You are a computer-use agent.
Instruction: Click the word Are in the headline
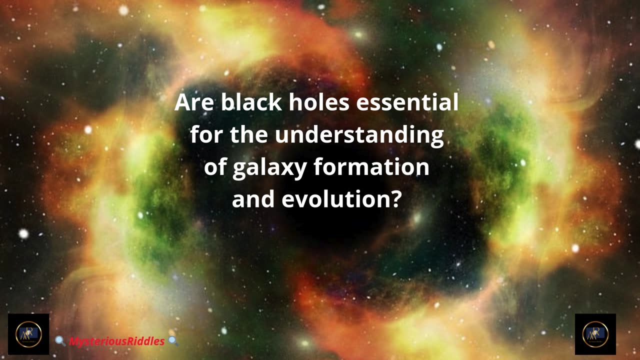tap(194, 102)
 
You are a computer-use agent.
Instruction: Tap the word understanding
tap(359, 135)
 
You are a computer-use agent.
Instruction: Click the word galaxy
tap(269, 168)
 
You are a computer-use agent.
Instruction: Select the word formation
tap(371, 166)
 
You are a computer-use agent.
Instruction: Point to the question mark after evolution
tap(395, 198)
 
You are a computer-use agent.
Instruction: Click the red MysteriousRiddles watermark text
tap(117, 341)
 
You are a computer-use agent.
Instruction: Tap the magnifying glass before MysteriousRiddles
tap(60, 341)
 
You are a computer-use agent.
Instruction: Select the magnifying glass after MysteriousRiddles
tap(173, 341)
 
